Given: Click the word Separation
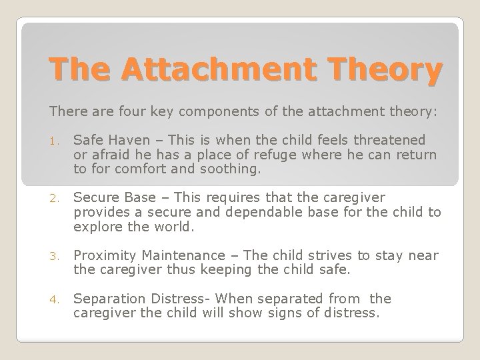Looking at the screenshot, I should (x=105, y=299).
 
